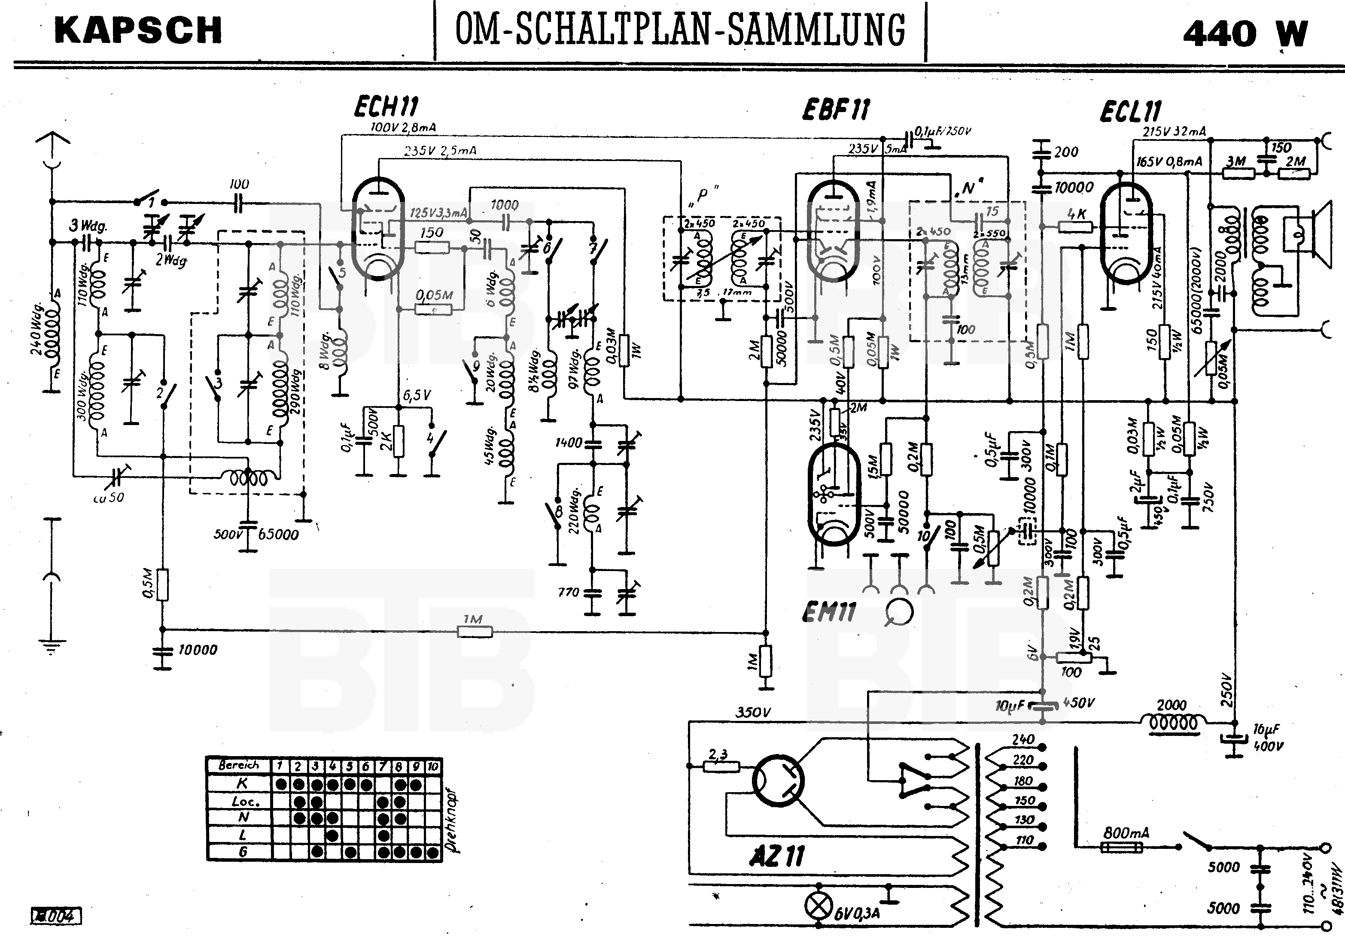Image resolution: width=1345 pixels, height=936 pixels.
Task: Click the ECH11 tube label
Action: click(386, 107)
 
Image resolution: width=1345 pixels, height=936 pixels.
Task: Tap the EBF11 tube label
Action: click(836, 109)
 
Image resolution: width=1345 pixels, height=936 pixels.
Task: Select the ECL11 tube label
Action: click(1131, 111)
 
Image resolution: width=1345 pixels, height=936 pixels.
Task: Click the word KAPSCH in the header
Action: click(138, 31)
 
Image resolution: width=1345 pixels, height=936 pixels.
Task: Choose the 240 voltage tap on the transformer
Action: click(1023, 739)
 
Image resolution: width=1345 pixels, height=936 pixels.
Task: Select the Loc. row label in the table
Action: click(242, 801)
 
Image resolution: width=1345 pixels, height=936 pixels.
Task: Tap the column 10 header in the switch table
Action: click(433, 766)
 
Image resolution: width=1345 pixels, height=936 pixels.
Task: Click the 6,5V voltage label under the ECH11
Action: click(417, 396)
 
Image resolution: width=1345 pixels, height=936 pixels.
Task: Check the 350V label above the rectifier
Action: click(753, 712)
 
